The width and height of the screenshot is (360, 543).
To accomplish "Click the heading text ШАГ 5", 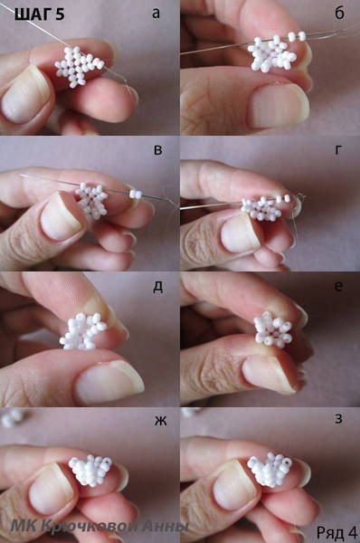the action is [x=40, y=14].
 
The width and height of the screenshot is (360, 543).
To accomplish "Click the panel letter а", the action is [x=156, y=14].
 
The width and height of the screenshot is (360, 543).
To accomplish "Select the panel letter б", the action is [x=339, y=13].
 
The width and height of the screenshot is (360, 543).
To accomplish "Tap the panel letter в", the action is [x=157, y=150].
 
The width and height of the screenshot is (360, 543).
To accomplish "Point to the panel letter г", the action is [x=338, y=149].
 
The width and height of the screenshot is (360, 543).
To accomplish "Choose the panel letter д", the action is [x=158, y=288].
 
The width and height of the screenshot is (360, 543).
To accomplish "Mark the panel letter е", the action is [x=339, y=286].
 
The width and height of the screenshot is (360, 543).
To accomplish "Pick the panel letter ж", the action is [x=160, y=421].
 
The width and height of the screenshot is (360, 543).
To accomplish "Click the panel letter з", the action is [x=338, y=419].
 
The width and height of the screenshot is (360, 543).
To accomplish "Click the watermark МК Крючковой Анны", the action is [x=99, y=527].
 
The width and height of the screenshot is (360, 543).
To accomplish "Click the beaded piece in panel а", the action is [x=80, y=66].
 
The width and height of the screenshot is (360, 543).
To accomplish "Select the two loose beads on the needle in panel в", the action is [x=136, y=194].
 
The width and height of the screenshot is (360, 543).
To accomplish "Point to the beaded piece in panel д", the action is [x=83, y=331].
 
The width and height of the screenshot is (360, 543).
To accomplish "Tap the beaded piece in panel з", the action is [x=270, y=469].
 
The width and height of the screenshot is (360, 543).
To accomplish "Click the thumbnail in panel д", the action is [x=109, y=382].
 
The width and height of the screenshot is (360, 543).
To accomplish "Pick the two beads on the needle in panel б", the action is [x=297, y=36].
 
